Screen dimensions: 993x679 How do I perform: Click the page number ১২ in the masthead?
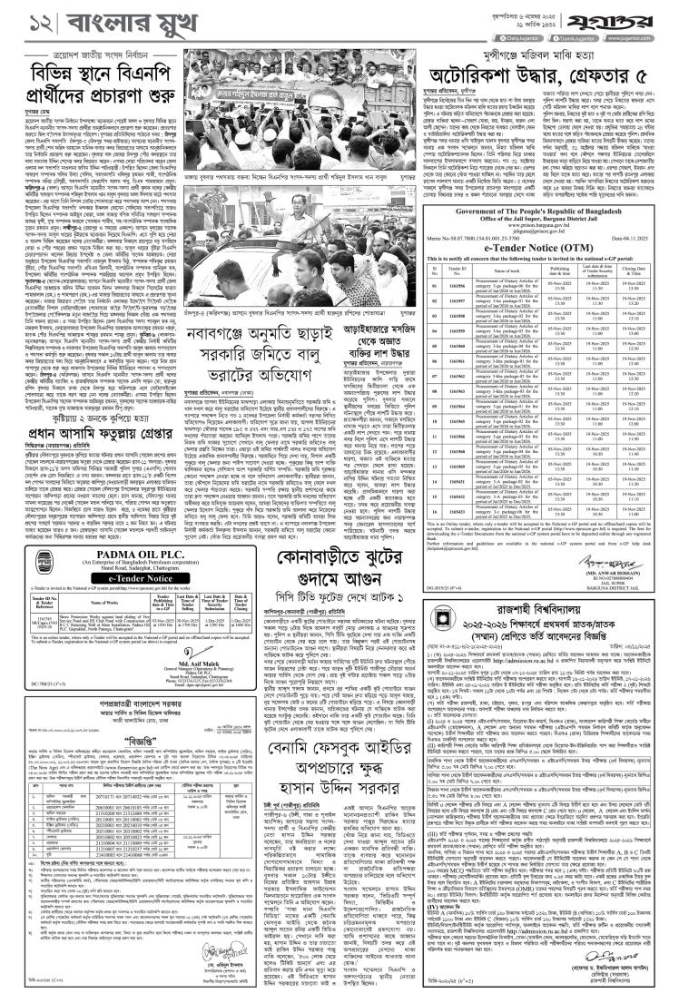tap(27, 18)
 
